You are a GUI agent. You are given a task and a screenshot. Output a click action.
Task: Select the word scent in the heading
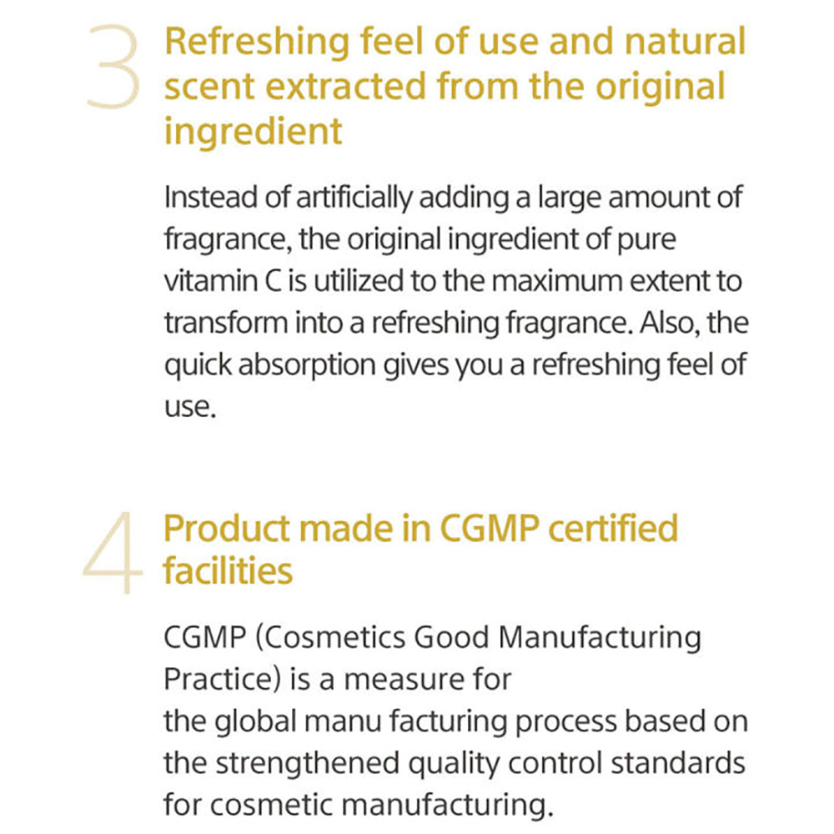(209, 87)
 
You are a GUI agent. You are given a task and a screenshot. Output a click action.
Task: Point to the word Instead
(211, 198)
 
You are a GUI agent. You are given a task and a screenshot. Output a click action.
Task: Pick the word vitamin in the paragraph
(211, 281)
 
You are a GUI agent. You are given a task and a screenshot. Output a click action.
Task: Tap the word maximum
(556, 281)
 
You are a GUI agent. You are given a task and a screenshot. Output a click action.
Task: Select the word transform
(226, 323)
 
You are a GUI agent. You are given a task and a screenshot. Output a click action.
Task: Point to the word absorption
(307, 366)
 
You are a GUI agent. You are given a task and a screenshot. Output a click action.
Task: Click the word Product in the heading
(227, 529)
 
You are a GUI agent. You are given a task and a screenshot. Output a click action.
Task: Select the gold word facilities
(228, 570)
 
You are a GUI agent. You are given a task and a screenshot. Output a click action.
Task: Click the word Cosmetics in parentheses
(329, 638)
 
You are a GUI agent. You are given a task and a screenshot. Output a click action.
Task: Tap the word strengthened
(308, 764)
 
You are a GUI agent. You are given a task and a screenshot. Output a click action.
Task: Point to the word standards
(677, 763)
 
